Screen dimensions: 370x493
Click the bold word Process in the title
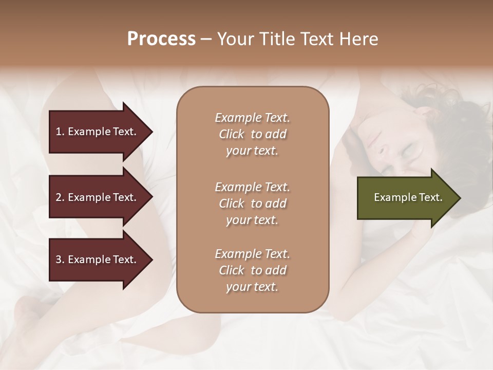161,39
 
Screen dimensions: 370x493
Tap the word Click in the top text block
232,135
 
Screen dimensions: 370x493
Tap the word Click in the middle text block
232,203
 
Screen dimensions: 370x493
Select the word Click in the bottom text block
232,271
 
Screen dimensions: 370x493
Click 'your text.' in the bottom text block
252,287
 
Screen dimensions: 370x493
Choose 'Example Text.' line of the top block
252,118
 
